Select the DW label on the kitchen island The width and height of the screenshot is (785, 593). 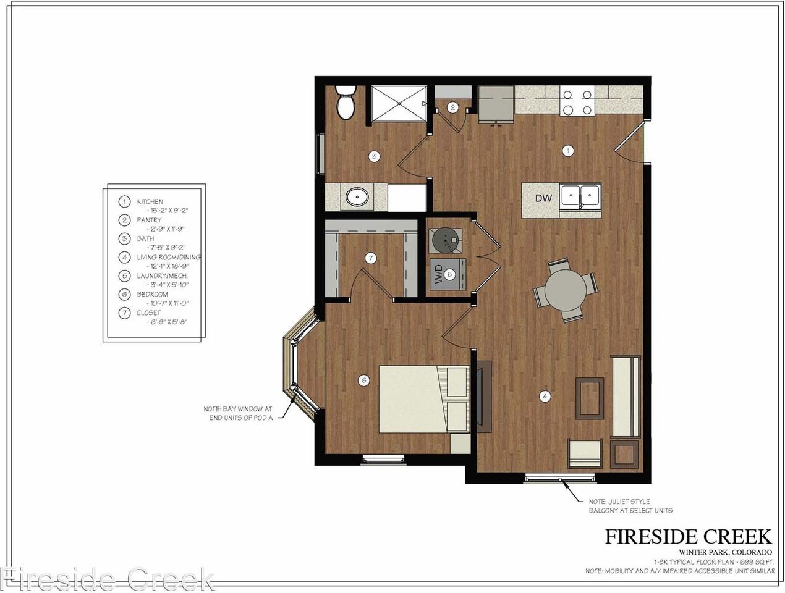(543, 198)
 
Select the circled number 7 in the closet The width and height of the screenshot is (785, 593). (370, 258)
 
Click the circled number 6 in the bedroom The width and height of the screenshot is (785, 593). (363, 381)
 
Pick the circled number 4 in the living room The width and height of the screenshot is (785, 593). (545, 397)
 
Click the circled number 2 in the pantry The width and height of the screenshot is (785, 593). (452, 107)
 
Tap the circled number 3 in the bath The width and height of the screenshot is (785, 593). (373, 156)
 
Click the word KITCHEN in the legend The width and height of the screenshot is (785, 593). (150, 201)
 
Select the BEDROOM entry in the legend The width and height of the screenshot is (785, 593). (153, 294)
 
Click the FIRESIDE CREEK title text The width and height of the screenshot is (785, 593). (688, 536)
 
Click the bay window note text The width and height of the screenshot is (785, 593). (238, 413)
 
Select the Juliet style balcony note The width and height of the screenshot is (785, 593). (630, 506)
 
